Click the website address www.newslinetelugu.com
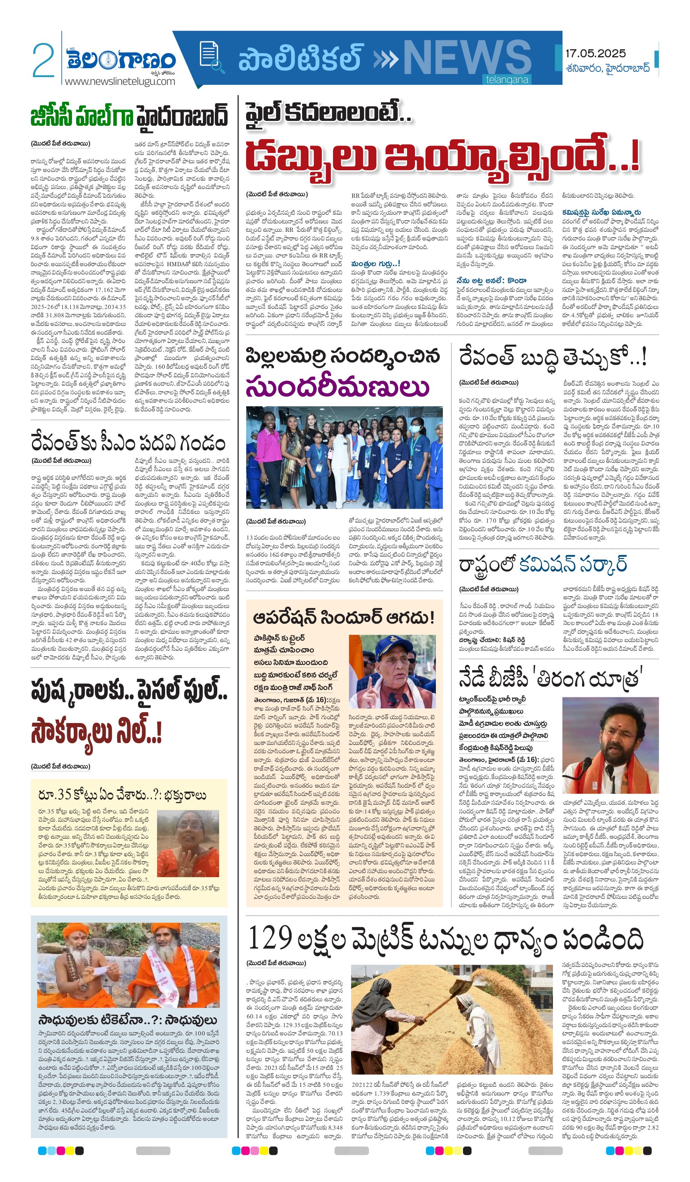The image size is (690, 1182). click(120, 81)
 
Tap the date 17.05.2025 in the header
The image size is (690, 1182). click(595, 54)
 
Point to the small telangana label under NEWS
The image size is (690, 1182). click(507, 80)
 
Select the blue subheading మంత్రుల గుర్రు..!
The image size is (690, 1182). click(375, 264)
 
